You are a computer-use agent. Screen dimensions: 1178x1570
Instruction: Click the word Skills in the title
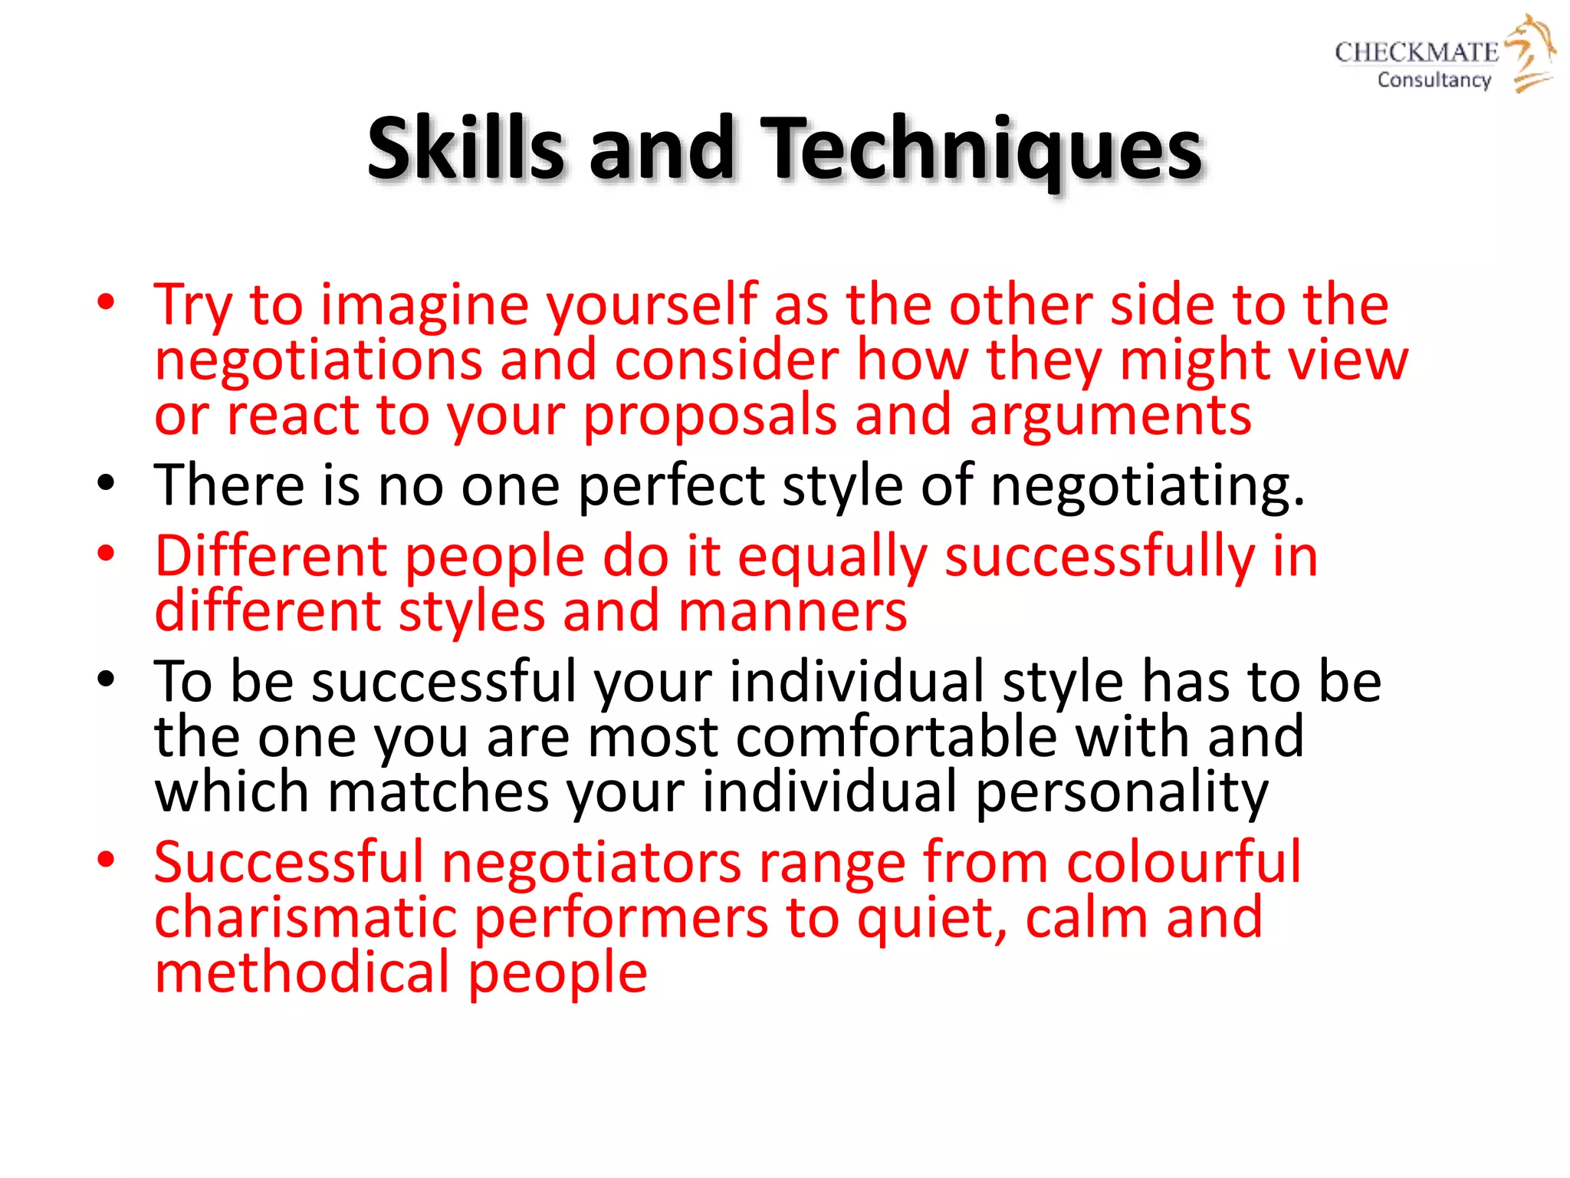465,148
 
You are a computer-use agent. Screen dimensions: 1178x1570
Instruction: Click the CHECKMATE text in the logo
1416,52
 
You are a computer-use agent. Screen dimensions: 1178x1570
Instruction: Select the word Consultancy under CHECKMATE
1434,80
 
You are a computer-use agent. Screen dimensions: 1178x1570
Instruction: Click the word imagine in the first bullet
424,305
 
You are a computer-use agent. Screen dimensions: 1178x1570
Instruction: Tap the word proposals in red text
709,416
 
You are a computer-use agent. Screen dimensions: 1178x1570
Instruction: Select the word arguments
1110,416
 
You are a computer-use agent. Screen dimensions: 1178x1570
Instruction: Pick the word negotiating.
1147,486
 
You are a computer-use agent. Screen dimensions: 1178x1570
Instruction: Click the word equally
832,557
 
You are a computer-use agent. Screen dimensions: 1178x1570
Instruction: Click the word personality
1122,792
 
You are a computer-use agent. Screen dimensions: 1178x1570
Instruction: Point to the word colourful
1184,862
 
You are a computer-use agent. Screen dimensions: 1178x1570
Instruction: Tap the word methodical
302,972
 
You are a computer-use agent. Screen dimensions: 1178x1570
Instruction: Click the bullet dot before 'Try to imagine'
106,302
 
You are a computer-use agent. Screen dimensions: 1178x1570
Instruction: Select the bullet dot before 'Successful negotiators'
106,859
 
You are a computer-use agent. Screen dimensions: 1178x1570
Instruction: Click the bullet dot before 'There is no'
106,484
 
